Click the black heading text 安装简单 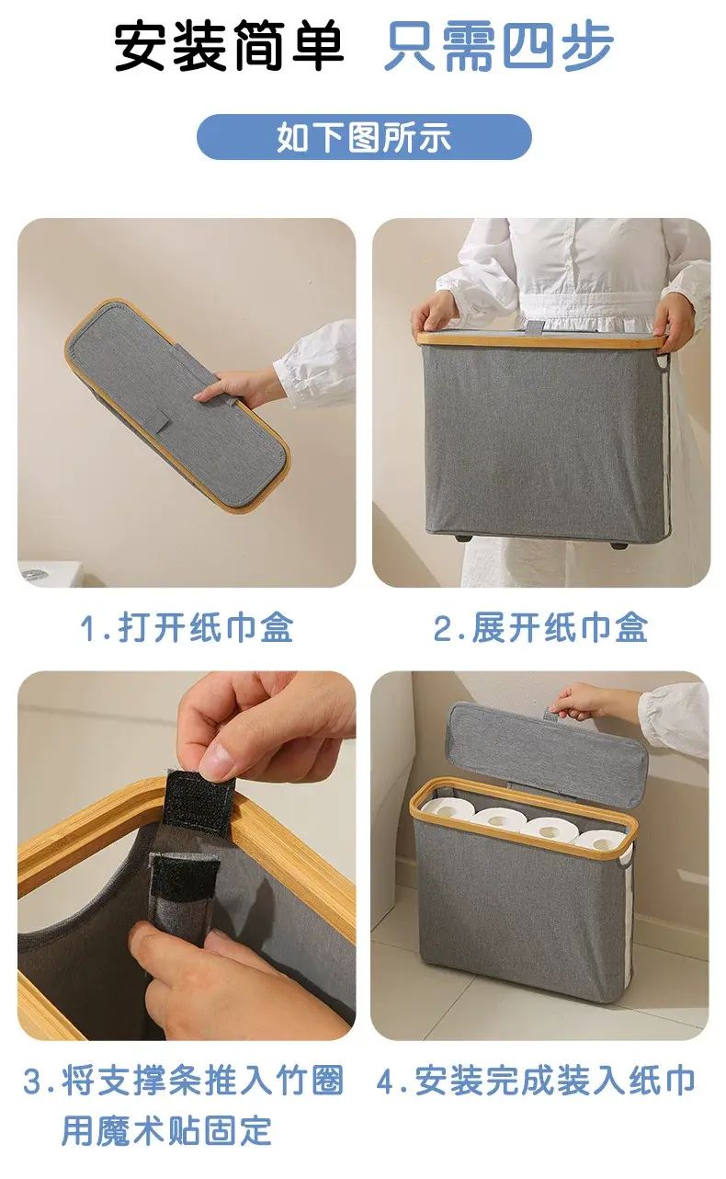(229, 46)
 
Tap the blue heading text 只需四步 (499, 46)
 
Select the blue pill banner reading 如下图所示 (364, 137)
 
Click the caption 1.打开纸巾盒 (187, 627)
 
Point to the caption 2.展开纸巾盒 (540, 627)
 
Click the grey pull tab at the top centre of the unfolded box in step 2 (537, 328)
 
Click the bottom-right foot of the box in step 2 (618, 544)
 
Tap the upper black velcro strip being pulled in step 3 (200, 801)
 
